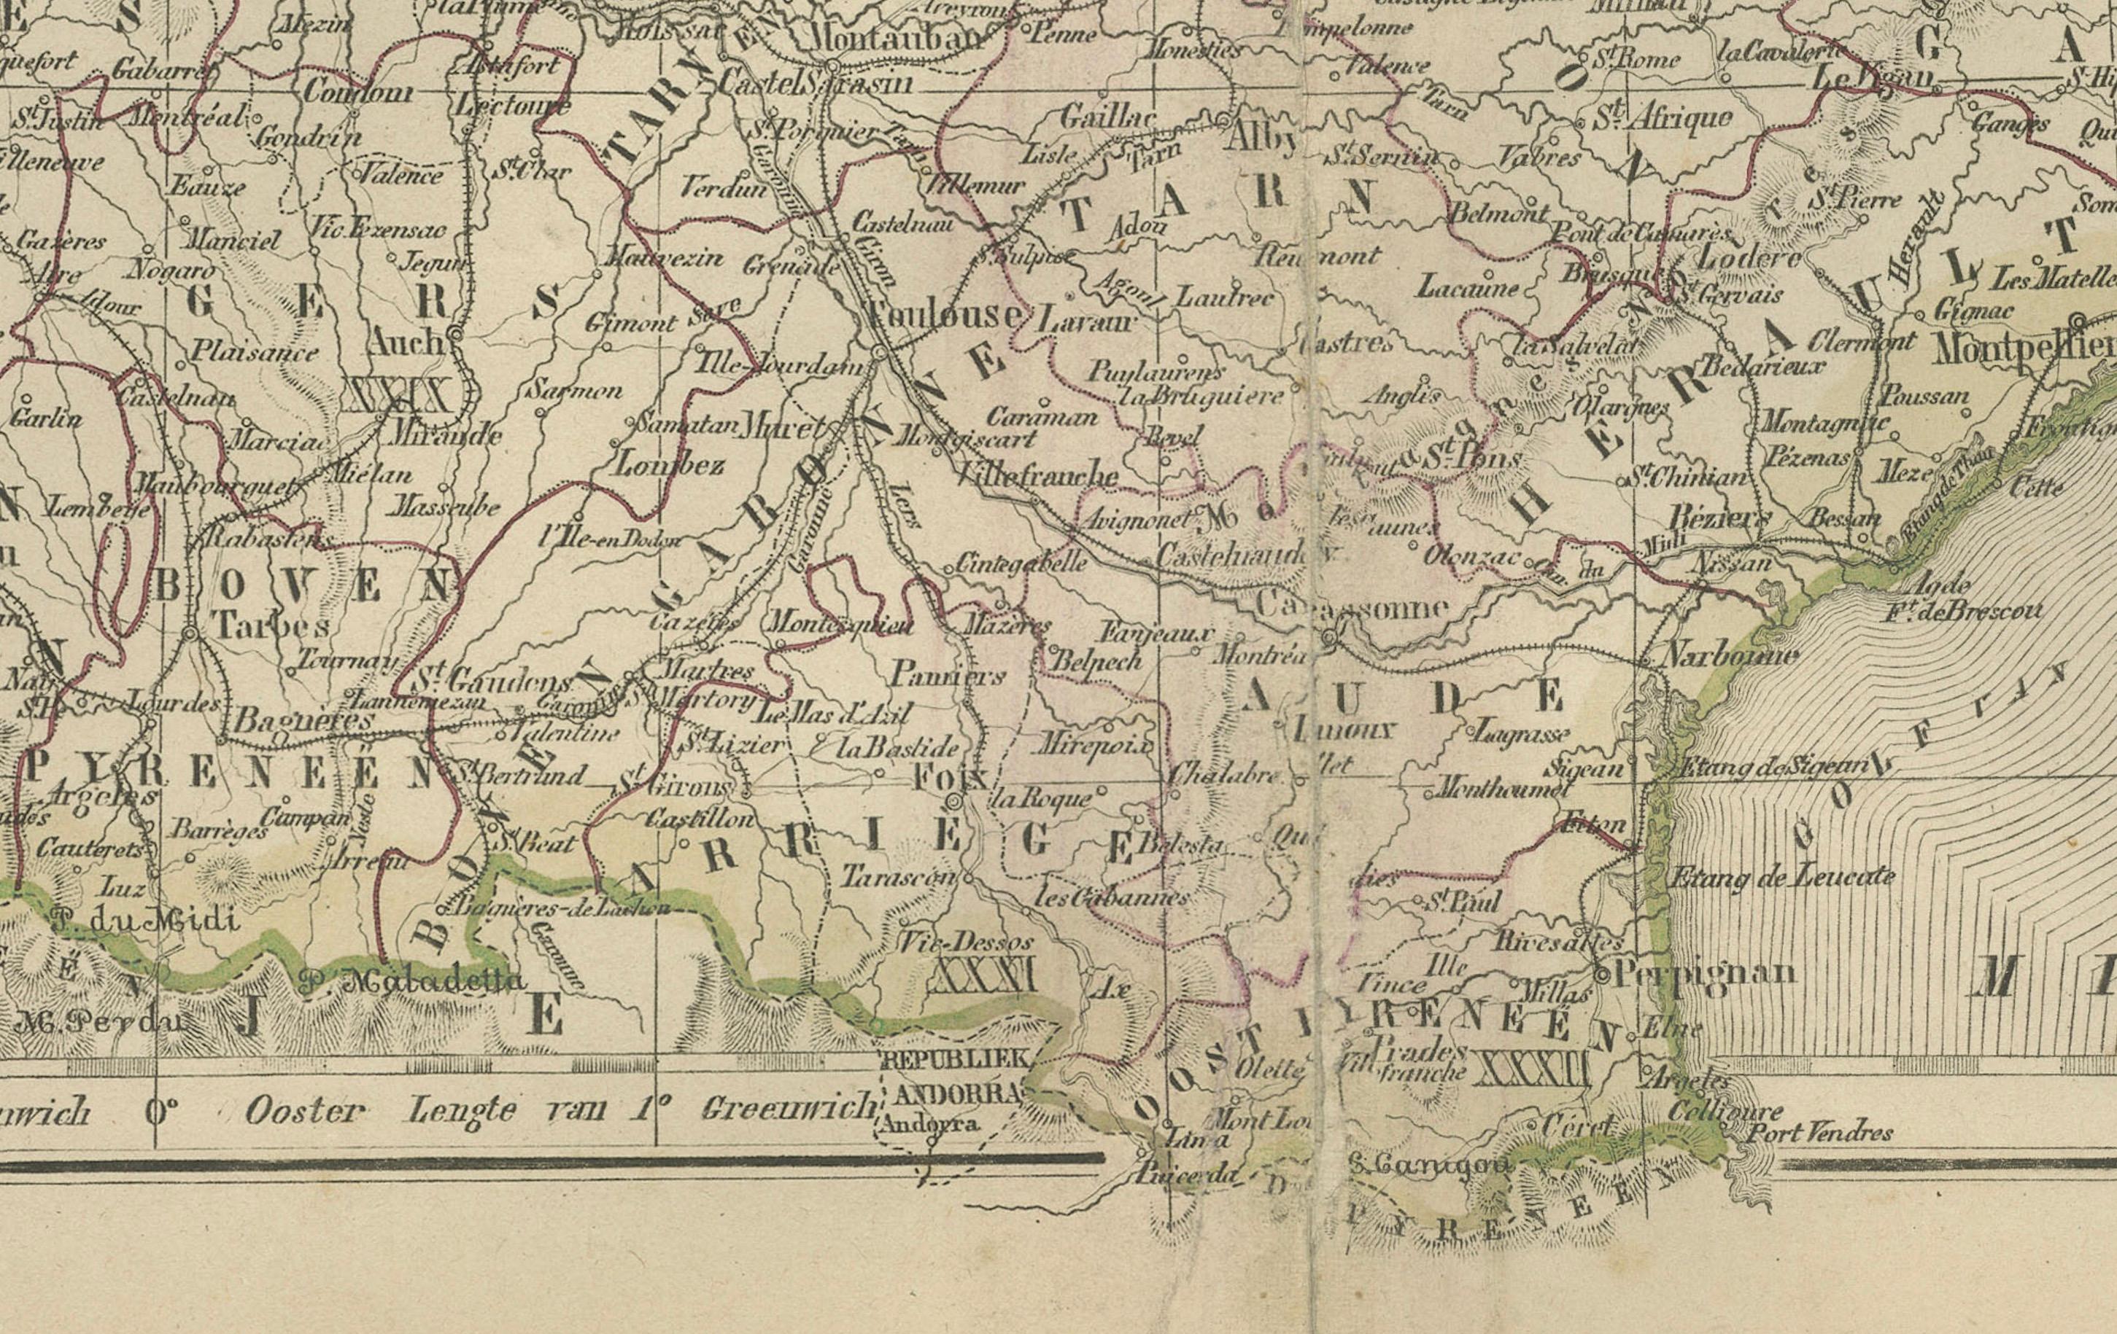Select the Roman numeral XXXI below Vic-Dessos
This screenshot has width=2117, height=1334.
(x=983, y=975)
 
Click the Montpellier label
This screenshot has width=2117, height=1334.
(x=2022, y=349)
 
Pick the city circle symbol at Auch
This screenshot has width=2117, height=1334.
(x=454, y=334)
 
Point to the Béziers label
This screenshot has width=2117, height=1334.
(x=1719, y=518)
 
